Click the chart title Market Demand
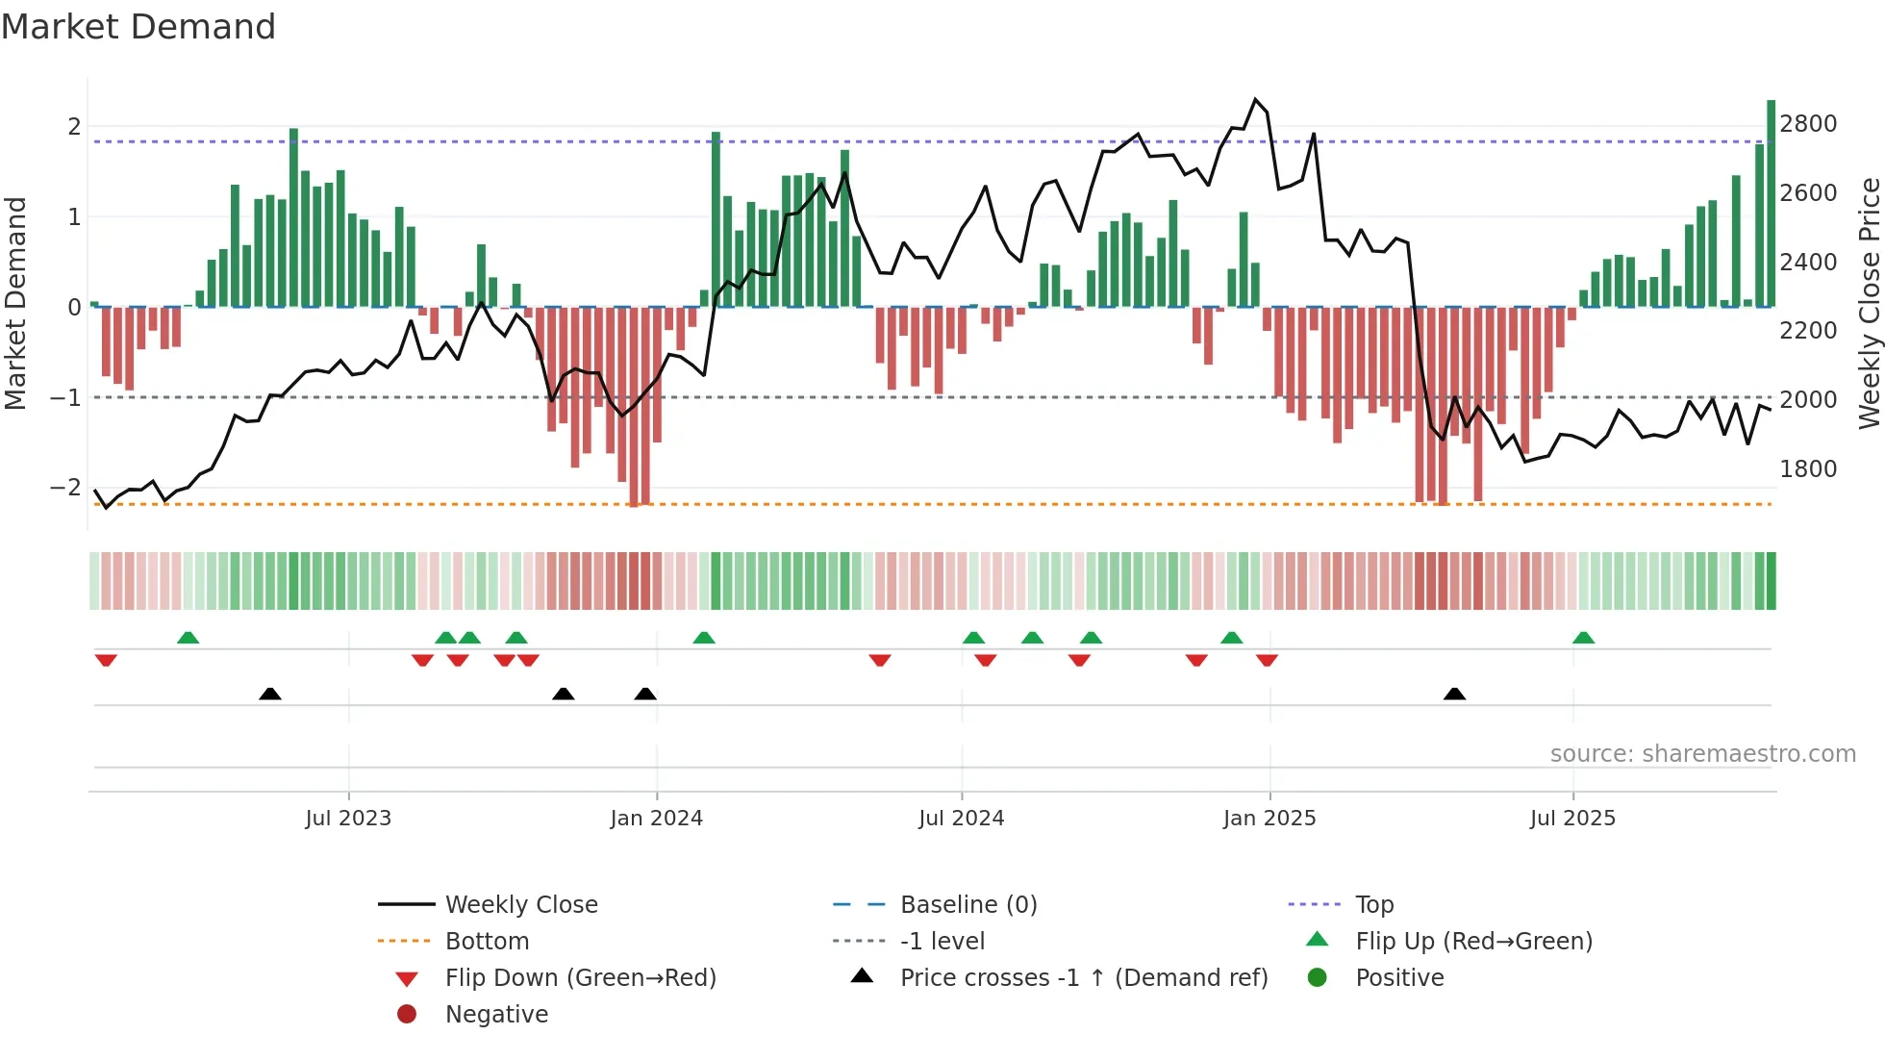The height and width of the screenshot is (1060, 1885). pyautogui.click(x=138, y=27)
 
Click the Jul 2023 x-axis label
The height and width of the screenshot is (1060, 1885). pyautogui.click(x=348, y=819)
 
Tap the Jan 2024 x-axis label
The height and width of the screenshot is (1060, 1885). pyautogui.click(x=657, y=819)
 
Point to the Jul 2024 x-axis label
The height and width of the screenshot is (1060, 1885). pyautogui.click(x=961, y=819)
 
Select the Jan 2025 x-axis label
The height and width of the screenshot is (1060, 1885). pyautogui.click(x=1269, y=819)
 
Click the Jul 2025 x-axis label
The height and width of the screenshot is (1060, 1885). pyautogui.click(x=1572, y=819)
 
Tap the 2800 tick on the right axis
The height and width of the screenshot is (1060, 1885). pyautogui.click(x=1808, y=124)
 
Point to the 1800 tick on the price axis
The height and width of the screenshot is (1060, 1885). pyautogui.click(x=1808, y=469)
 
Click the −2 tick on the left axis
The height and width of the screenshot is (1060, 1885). pyautogui.click(x=65, y=488)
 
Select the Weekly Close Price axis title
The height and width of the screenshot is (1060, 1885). pyautogui.click(x=1869, y=303)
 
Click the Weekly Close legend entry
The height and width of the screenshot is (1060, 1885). pyautogui.click(x=521, y=905)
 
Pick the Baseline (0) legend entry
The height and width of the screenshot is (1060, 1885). pyautogui.click(x=968, y=905)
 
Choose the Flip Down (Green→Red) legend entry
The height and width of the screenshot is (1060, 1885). pyautogui.click(x=580, y=978)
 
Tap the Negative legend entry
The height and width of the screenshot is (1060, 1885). pyautogui.click(x=496, y=1015)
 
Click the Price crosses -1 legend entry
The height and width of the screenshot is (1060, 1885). pyautogui.click(x=1083, y=978)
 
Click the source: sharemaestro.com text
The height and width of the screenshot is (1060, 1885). pyautogui.click(x=1702, y=754)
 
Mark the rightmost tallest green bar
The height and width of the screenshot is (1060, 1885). pyautogui.click(x=1771, y=202)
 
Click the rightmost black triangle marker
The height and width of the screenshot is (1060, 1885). pyautogui.click(x=1454, y=694)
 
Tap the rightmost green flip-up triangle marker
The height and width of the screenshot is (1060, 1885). pyautogui.click(x=1583, y=638)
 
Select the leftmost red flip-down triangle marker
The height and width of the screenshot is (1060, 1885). pyautogui.click(x=106, y=660)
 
